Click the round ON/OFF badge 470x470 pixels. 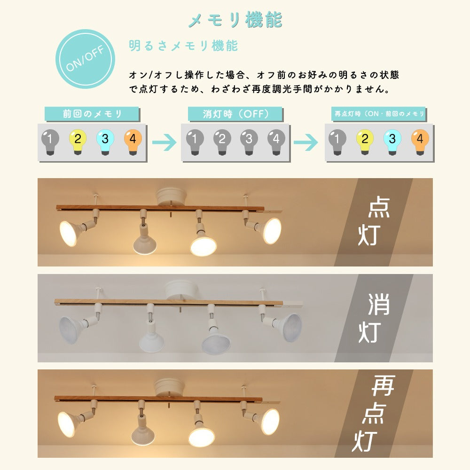(86, 59)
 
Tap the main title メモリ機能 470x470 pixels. (235, 20)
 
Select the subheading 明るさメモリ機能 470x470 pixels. (183, 46)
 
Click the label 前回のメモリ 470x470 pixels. (92, 114)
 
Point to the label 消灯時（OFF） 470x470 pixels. (235, 114)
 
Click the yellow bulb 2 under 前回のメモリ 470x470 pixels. (78, 139)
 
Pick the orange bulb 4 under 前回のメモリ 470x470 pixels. (133, 139)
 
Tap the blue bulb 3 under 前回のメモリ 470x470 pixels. (105, 139)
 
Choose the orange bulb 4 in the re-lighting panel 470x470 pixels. (420, 139)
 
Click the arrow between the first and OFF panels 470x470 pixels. (164, 142)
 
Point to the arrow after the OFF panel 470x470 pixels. (306, 142)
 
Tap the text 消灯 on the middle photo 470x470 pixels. (375, 319)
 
